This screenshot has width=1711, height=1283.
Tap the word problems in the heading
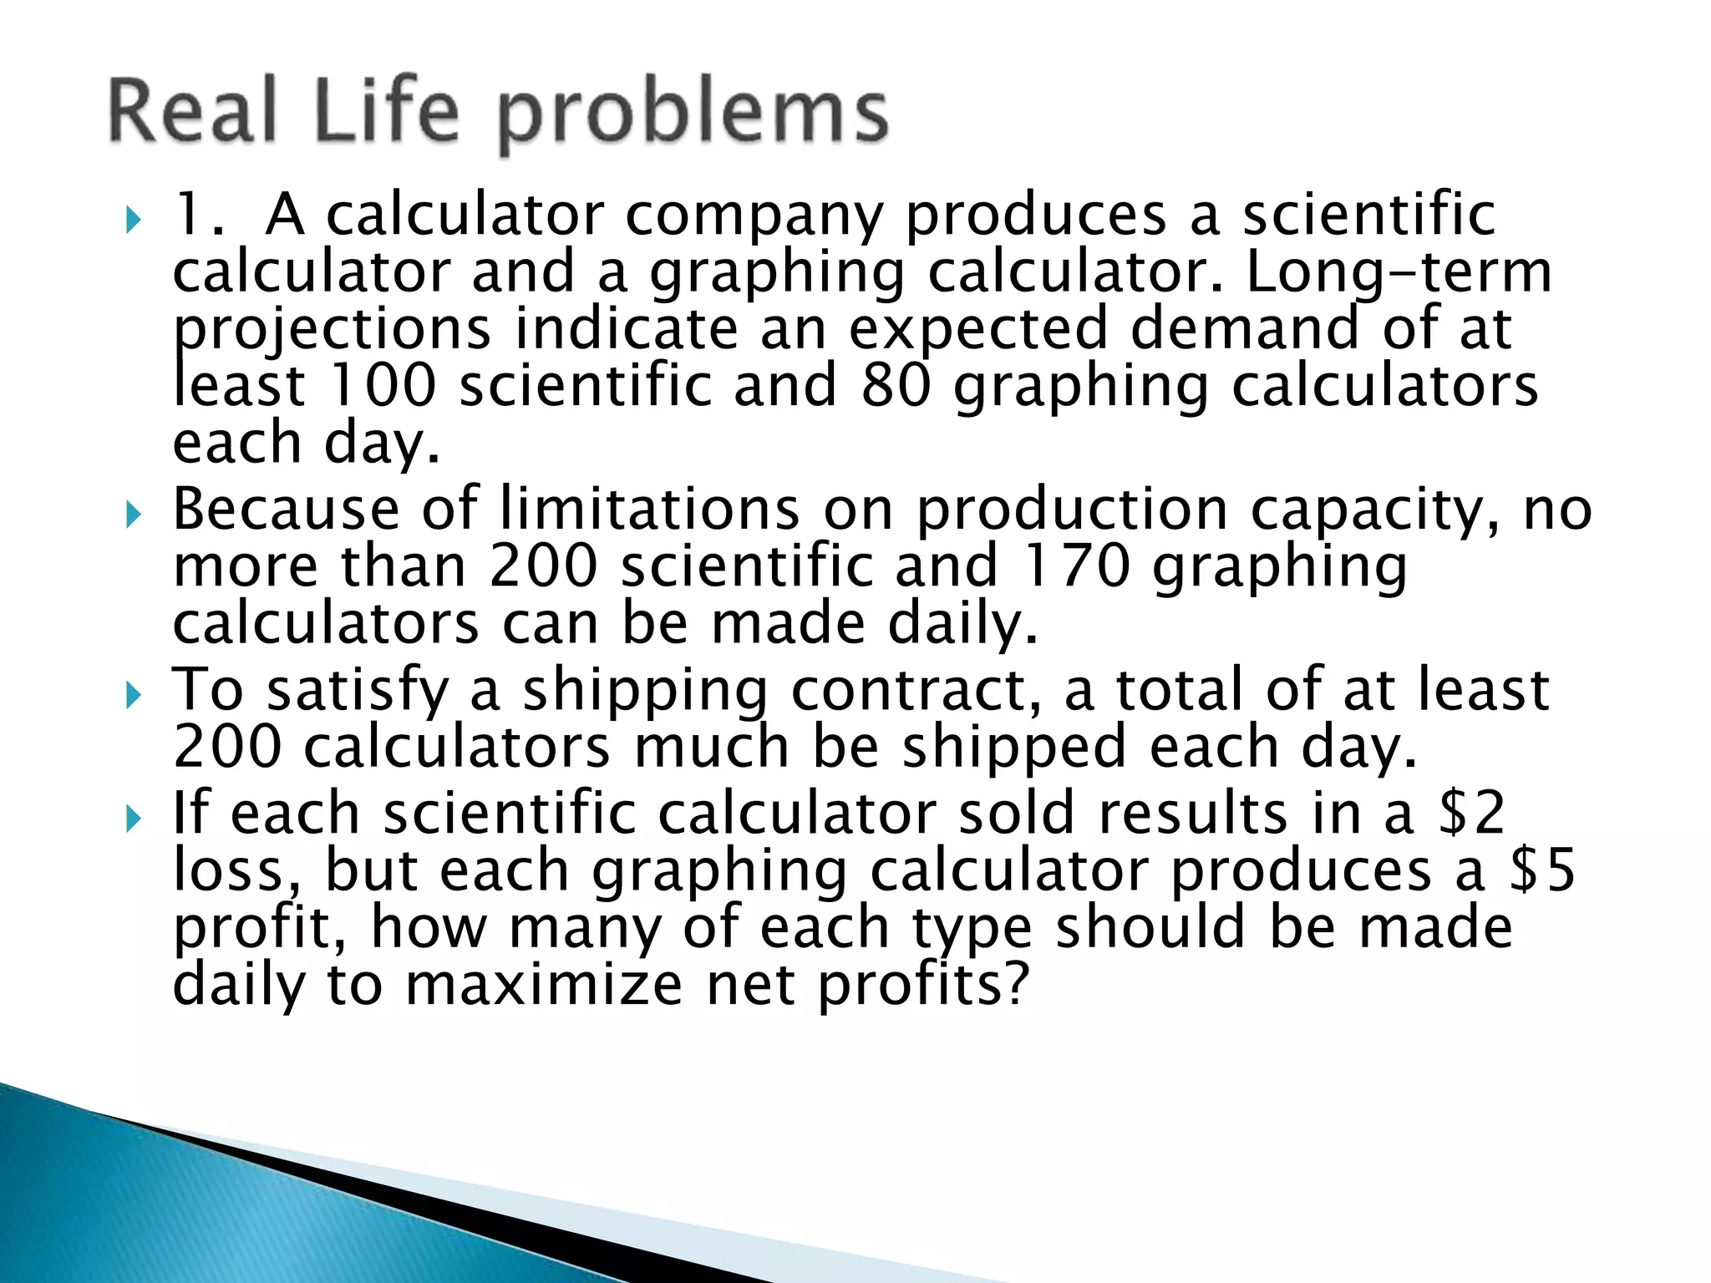point(693,117)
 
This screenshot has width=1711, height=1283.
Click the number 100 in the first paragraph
point(383,385)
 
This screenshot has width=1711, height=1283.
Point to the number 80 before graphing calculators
point(895,385)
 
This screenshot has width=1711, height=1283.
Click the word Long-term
point(1399,272)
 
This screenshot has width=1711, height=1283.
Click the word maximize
point(544,985)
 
